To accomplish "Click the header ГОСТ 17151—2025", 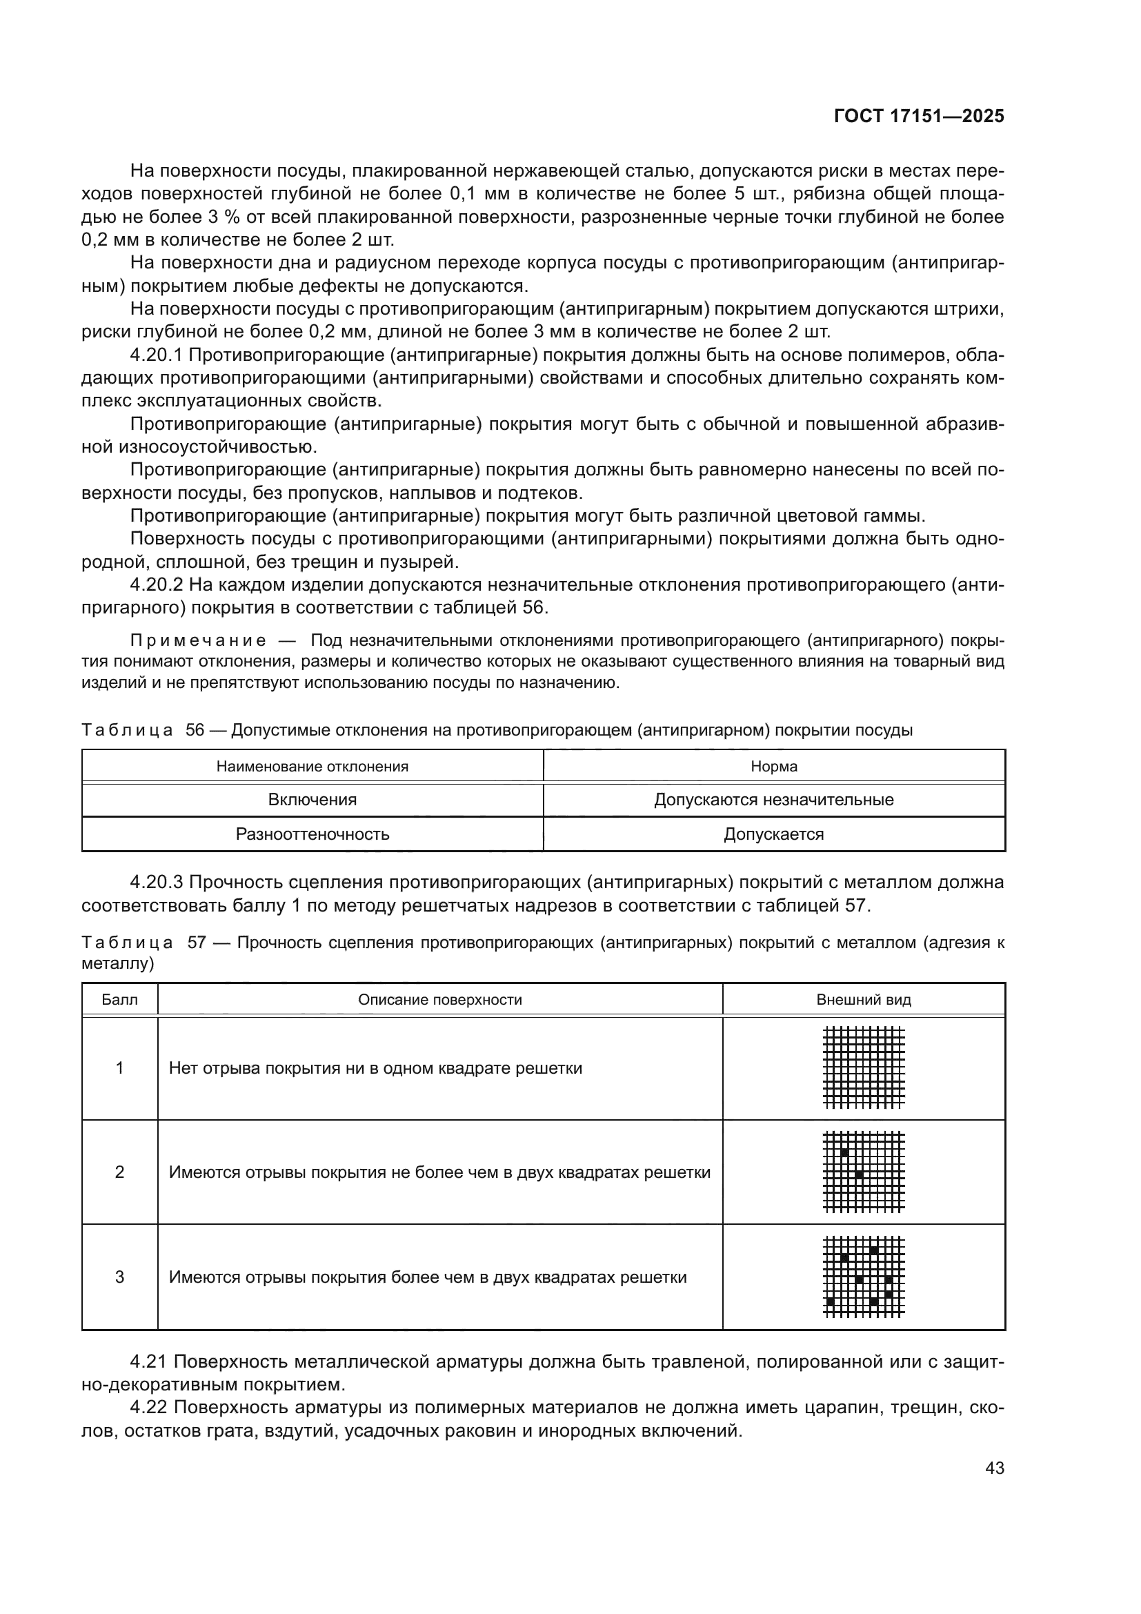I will [918, 117].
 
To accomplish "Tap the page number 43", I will [994, 1468].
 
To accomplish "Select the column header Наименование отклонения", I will [312, 766].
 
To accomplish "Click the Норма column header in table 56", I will [773, 766].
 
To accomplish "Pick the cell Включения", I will [312, 799].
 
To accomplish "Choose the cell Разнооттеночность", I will [312, 834].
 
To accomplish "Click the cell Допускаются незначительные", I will [773, 799].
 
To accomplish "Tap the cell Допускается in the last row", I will [773, 834].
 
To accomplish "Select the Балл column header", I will [119, 1000].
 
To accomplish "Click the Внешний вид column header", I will [864, 1000].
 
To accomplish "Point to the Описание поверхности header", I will [440, 1000].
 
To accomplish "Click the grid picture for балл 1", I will [864, 1067].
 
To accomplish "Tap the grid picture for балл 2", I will [864, 1172].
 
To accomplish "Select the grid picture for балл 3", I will [864, 1277].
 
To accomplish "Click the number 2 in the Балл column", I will [119, 1172].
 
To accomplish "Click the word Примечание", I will [198, 640].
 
